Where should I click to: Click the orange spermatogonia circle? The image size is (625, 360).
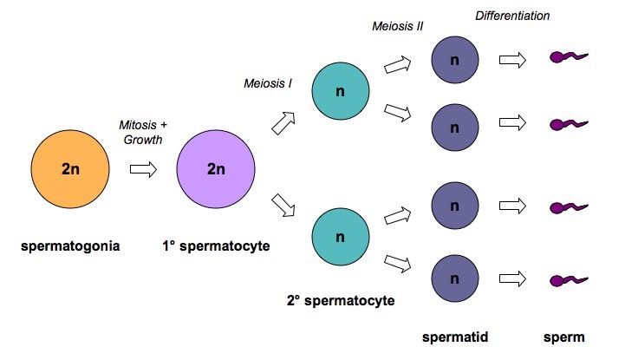click(x=70, y=168)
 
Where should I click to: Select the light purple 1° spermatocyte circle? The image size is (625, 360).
click(x=215, y=168)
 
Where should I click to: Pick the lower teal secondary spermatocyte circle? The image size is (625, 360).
click(x=339, y=237)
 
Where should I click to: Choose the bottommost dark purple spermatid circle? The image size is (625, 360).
click(x=456, y=279)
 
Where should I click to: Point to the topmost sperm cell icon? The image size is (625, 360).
click(x=569, y=59)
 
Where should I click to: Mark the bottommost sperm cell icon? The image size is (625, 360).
click(x=569, y=280)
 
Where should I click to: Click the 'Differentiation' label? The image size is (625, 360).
click(x=512, y=16)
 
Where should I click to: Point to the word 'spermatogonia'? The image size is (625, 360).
click(x=70, y=246)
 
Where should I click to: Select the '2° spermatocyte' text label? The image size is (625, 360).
click(x=341, y=302)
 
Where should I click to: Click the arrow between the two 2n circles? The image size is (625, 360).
click(x=142, y=168)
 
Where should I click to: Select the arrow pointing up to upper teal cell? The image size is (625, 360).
click(x=285, y=122)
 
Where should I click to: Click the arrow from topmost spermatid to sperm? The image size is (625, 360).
click(x=513, y=60)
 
